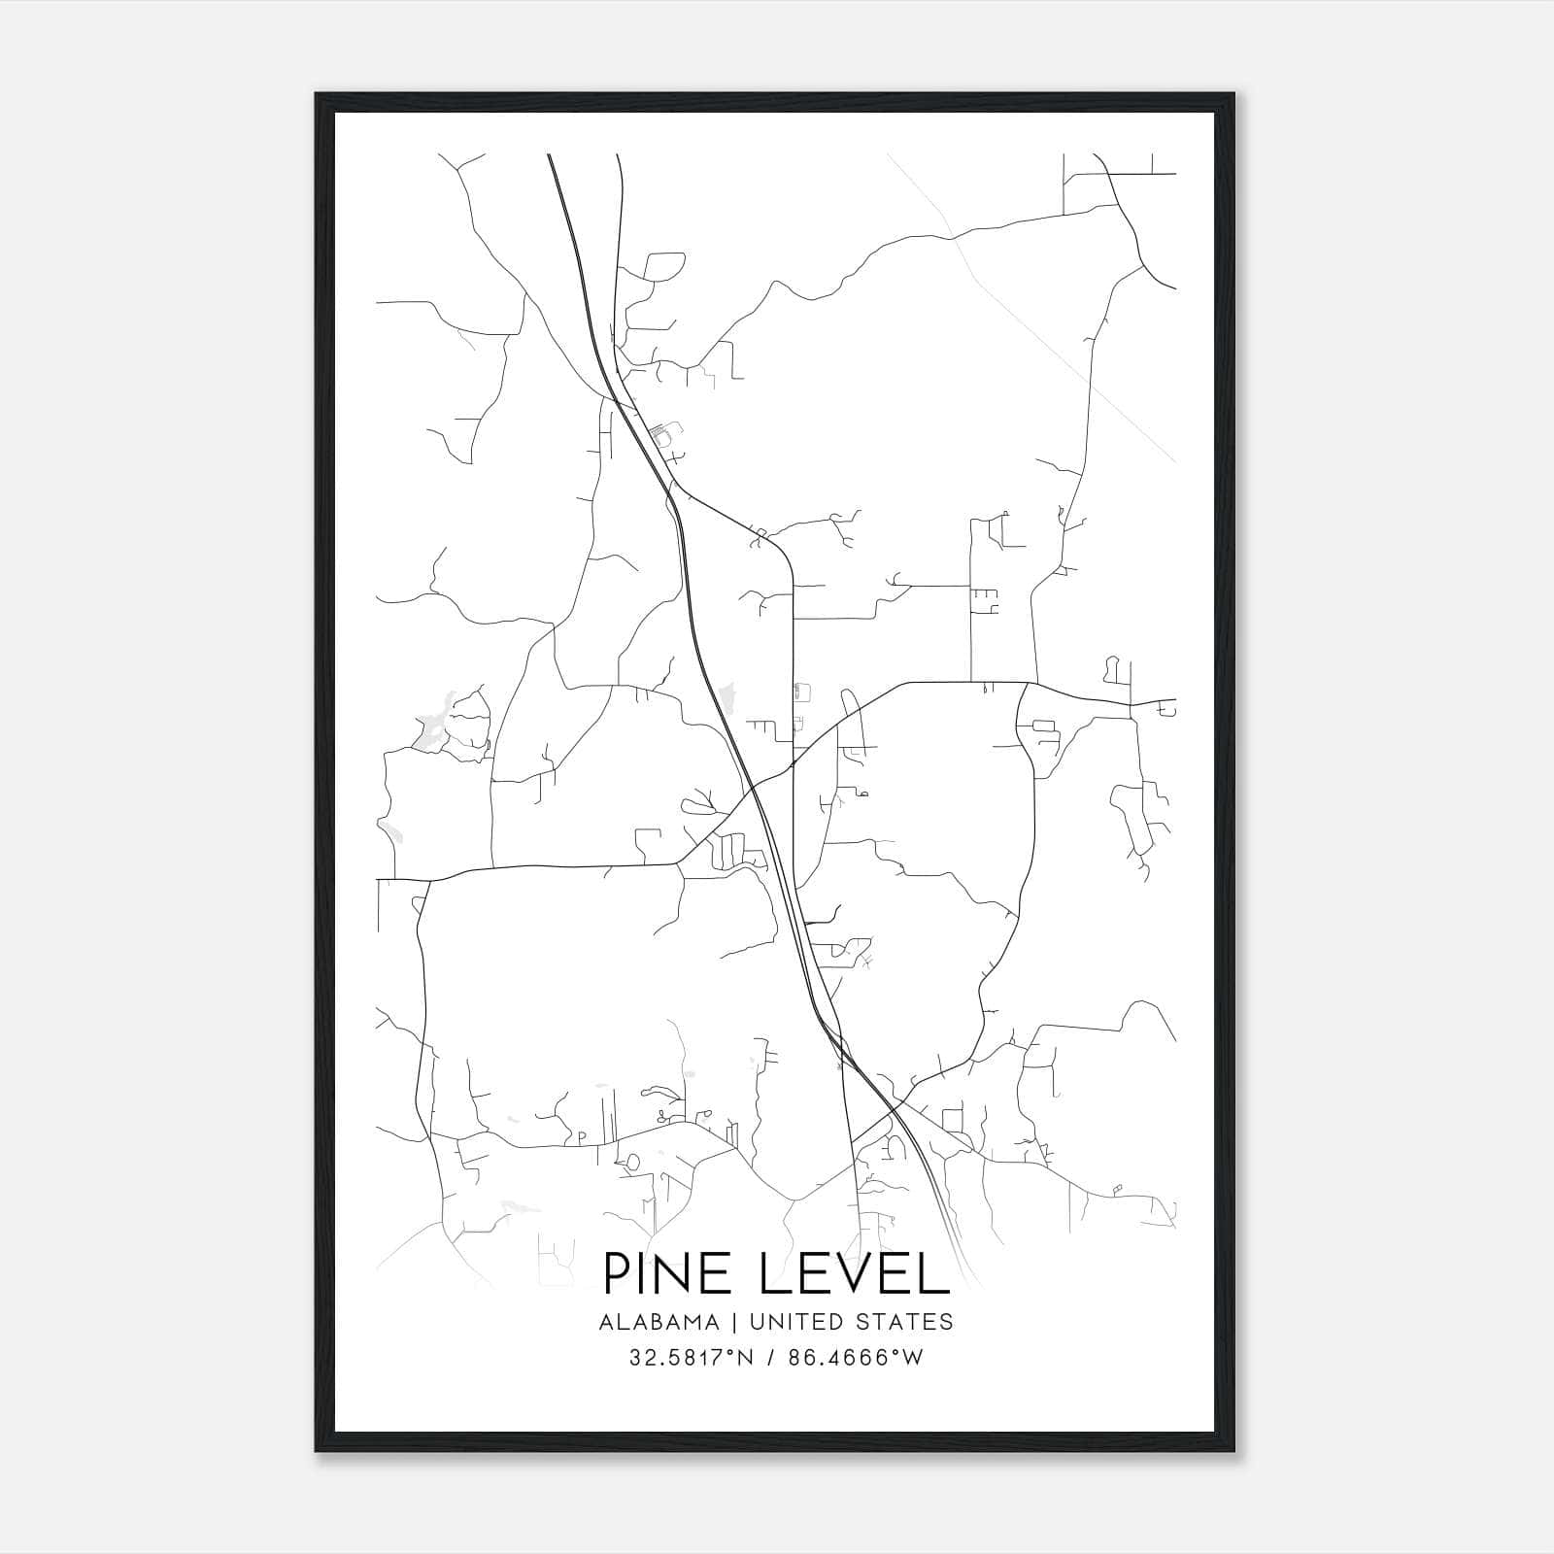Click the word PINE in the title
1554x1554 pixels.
668,1273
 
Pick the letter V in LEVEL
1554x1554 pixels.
855,1273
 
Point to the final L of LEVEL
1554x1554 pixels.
933,1273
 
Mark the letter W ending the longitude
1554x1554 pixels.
913,1358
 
